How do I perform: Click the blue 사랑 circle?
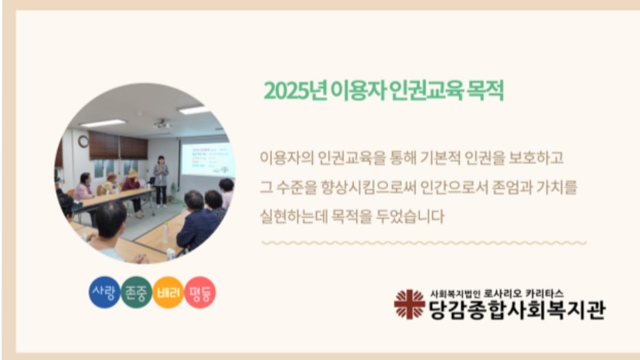click(x=104, y=293)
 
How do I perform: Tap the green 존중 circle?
click(x=136, y=293)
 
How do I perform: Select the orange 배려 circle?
click(x=168, y=293)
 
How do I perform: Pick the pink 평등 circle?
click(x=200, y=293)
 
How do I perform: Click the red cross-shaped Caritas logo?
click(x=409, y=304)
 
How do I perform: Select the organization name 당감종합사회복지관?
click(x=517, y=310)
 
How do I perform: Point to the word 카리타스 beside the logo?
click(x=544, y=293)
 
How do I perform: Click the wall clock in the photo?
click(x=84, y=142)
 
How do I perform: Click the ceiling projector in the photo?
click(x=162, y=123)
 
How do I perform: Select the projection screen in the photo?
click(x=208, y=159)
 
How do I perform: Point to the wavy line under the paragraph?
click(x=424, y=243)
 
